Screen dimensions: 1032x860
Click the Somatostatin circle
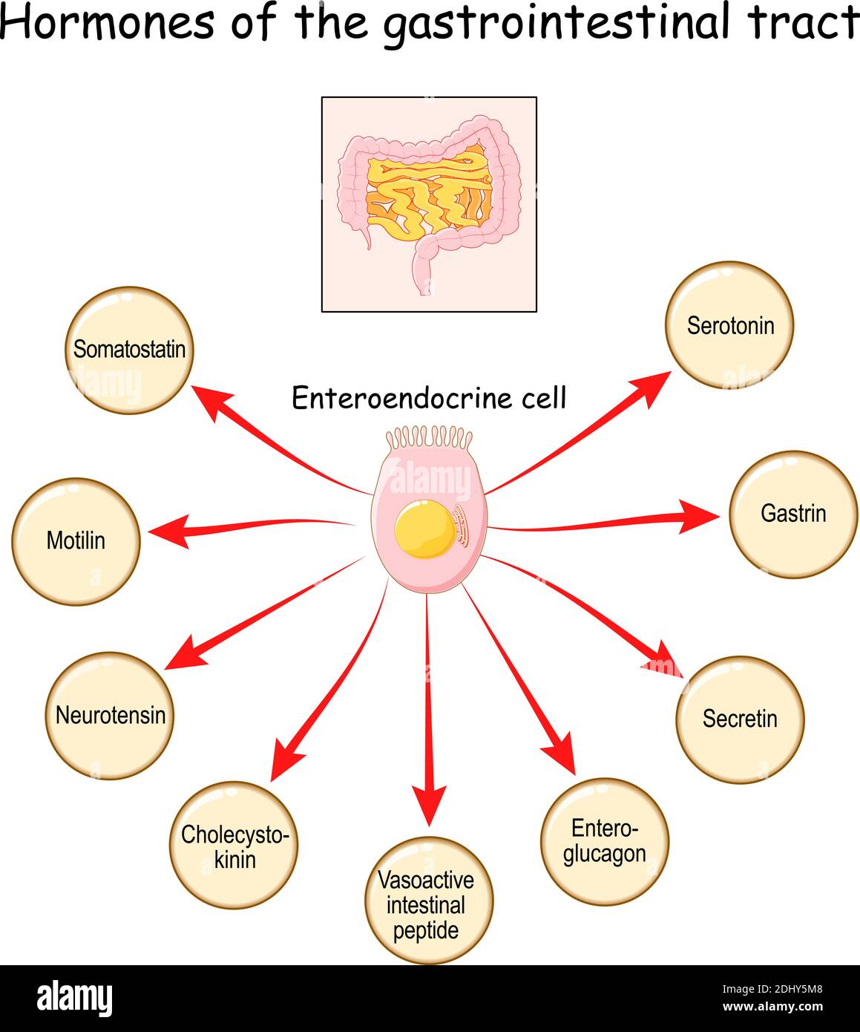point(129,350)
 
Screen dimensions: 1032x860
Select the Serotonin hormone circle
point(729,325)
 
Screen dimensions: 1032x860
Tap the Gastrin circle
point(792,514)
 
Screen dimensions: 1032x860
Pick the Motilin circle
point(76,541)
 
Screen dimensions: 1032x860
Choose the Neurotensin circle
point(110,716)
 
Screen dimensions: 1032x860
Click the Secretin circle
point(740,719)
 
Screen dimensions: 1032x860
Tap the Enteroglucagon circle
point(604,841)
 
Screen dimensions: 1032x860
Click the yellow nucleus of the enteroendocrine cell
point(424,529)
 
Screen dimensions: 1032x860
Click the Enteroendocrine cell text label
point(429,398)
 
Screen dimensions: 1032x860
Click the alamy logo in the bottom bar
point(75,999)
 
